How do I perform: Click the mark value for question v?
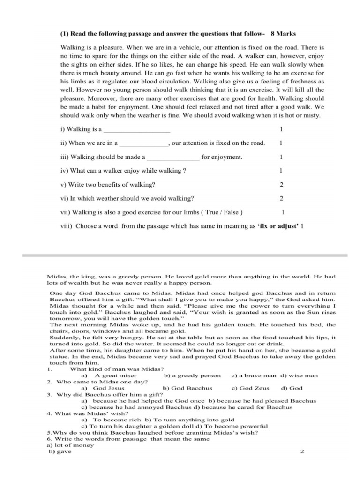coord(281,185)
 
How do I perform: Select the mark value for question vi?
coord(281,198)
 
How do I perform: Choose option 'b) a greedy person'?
coord(192,375)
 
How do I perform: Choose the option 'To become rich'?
coord(112,420)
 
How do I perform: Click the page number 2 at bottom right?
coord(302,452)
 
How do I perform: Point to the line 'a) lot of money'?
coord(70,445)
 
